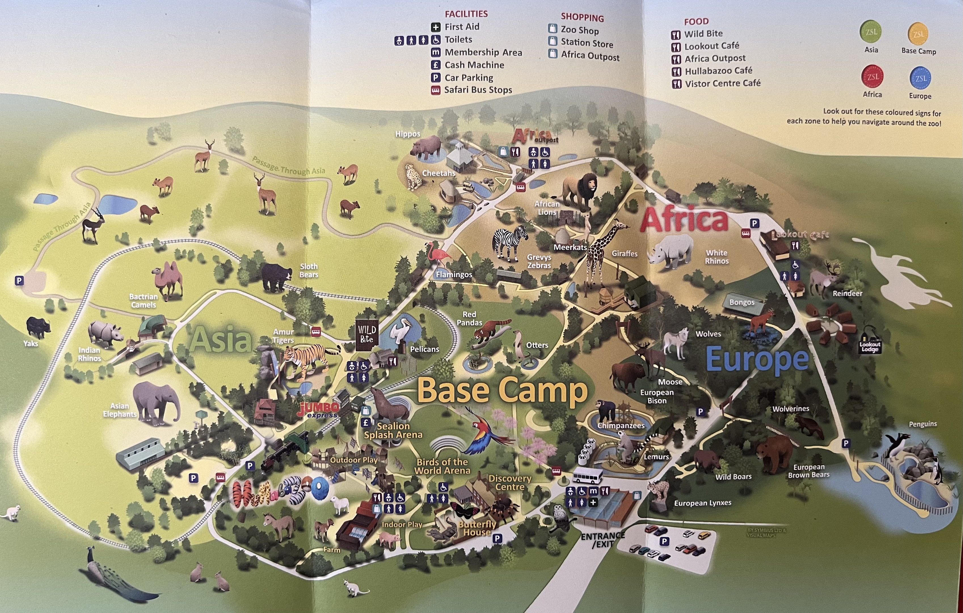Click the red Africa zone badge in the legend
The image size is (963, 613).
(872, 77)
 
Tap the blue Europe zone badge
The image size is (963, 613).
(920, 78)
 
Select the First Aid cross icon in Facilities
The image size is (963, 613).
(435, 27)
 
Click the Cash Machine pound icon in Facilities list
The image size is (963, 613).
(435, 65)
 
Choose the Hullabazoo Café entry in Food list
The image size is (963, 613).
(718, 71)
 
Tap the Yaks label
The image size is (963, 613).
(31, 343)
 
